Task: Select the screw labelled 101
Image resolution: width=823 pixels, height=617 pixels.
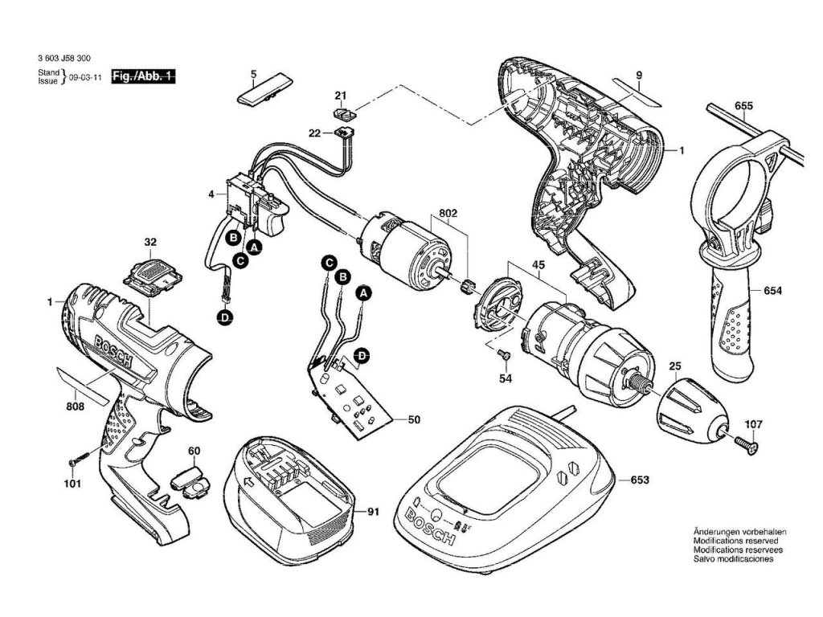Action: (76, 462)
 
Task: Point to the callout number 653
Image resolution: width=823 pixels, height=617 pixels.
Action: (639, 480)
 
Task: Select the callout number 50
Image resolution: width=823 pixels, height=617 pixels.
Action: (415, 419)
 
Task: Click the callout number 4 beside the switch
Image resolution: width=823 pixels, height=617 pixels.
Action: (211, 194)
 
